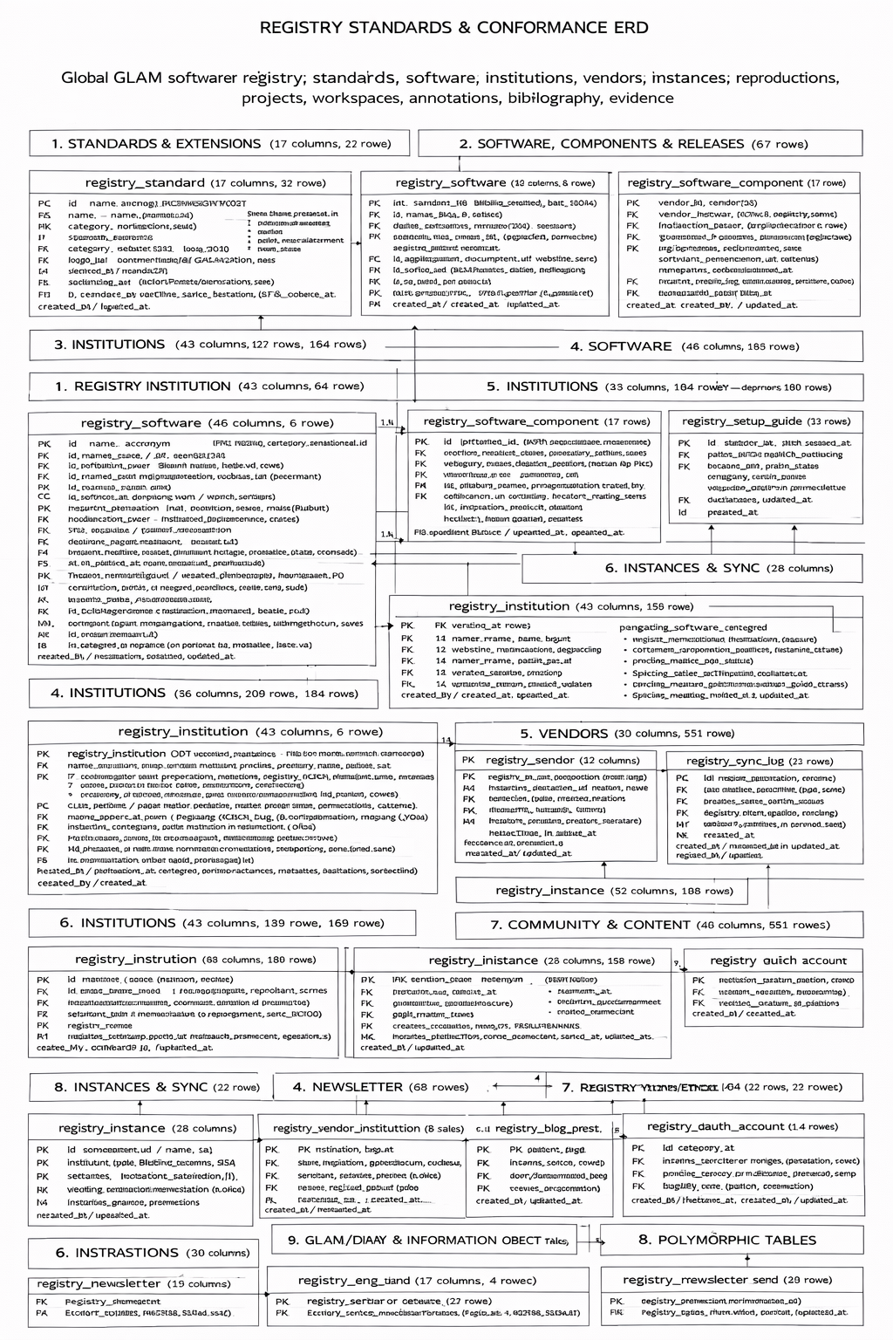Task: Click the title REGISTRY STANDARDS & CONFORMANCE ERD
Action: point(453,27)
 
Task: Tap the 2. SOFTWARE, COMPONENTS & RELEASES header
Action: point(602,144)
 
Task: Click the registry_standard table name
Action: point(145,183)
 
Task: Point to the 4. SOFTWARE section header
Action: point(621,346)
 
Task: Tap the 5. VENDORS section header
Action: point(564,734)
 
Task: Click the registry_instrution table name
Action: point(136,960)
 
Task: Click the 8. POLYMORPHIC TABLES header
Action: point(727,1240)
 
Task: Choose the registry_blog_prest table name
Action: point(548,1128)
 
